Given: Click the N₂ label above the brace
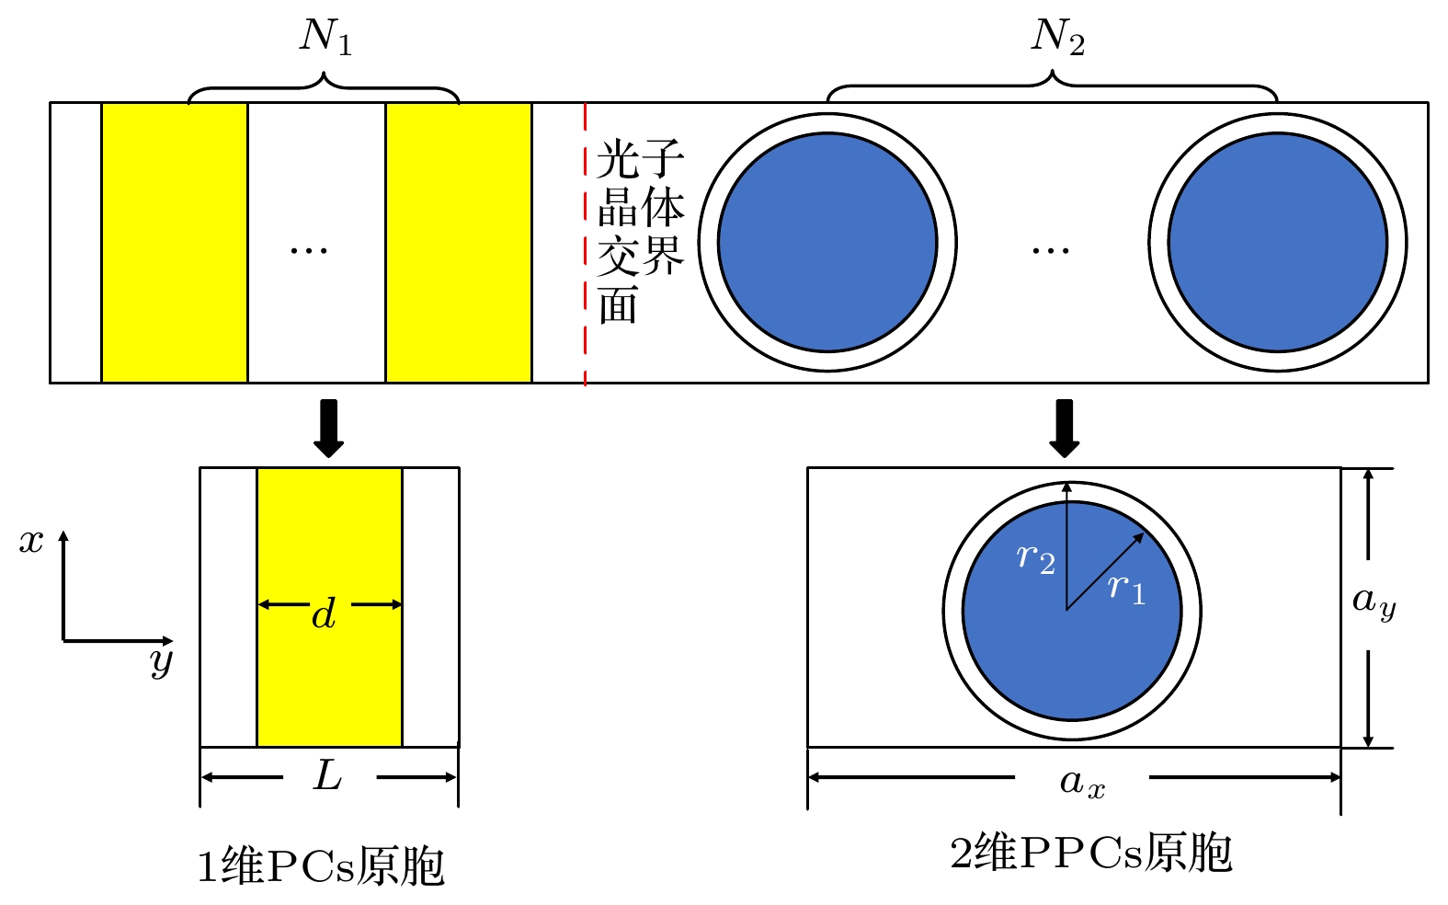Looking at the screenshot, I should [1057, 38].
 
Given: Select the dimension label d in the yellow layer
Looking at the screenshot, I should [324, 613].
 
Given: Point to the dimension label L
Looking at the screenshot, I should [328, 776].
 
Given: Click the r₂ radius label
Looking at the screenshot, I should [1035, 557].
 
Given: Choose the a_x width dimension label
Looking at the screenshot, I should [1082, 783].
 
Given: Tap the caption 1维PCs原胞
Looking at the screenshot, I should [321, 866].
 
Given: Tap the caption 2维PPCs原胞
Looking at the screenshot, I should [1090, 853].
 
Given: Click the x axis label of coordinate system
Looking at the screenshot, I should [31, 541].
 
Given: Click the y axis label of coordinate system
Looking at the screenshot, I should [162, 661].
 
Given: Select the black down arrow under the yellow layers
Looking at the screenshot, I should [328, 428].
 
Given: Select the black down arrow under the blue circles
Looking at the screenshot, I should [1065, 428].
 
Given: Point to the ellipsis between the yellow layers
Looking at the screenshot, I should [309, 250].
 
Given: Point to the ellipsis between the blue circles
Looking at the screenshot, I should [1050, 250].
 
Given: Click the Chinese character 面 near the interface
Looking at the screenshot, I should [618, 305].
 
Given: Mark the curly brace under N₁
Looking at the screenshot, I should [324, 90].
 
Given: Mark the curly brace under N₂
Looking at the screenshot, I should [1053, 88].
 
